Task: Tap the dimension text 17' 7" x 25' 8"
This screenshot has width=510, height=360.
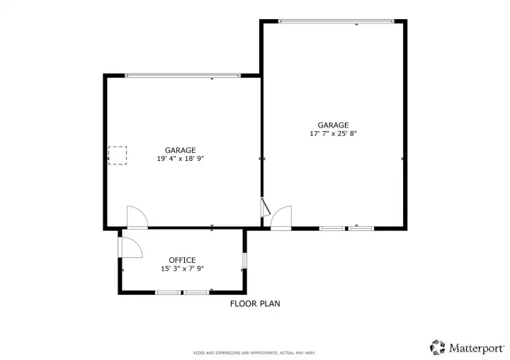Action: pyautogui.click(x=333, y=133)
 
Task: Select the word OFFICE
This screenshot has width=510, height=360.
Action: pyautogui.click(x=182, y=260)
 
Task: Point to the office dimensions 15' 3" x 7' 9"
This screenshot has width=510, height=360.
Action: pyautogui.click(x=182, y=269)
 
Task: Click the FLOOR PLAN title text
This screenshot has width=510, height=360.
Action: pyautogui.click(x=255, y=304)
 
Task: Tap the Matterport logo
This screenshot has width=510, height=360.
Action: pyautogui.click(x=467, y=347)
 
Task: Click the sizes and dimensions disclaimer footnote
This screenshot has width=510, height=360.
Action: pyautogui.click(x=254, y=352)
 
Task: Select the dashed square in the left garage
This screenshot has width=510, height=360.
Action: pyautogui.click(x=118, y=155)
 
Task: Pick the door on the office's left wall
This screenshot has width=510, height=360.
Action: pyautogui.click(x=130, y=247)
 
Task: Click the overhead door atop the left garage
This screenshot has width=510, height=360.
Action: pyautogui.click(x=183, y=75)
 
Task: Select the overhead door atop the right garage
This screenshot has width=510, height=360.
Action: pyautogui.click(x=336, y=21)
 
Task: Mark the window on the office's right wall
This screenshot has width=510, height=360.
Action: pyautogui.click(x=244, y=261)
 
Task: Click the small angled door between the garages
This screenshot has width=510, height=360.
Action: pyautogui.click(x=265, y=207)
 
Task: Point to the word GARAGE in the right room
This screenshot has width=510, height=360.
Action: pyautogui.click(x=333, y=125)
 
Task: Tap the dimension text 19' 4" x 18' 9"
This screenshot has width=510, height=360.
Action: pyautogui.click(x=181, y=159)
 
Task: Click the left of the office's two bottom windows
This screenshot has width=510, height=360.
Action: pyautogui.click(x=168, y=292)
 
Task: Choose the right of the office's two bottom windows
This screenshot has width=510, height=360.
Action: pyautogui.click(x=196, y=292)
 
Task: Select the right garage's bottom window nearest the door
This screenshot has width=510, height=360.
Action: pyautogui.click(x=331, y=228)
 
